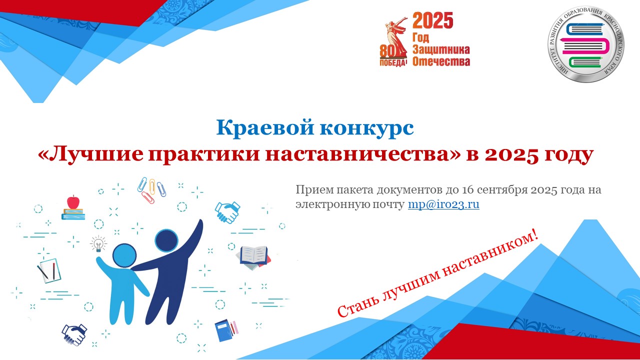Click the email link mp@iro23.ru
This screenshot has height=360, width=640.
click(443, 204)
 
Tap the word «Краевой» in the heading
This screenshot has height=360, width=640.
click(264, 127)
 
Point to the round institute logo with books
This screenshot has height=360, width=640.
click(585, 44)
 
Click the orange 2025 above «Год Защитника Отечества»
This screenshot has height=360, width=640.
click(433, 20)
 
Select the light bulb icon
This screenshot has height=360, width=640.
click(98, 244)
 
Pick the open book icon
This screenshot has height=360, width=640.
click(253, 257)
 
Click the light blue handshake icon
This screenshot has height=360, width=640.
click(227, 212)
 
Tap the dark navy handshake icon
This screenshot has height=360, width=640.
click(74, 334)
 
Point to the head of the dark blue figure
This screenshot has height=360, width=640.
click(166, 240)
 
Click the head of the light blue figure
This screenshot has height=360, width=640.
click(124, 255)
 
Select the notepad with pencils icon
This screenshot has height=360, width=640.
click(49, 270)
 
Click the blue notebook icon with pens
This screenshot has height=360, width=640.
click(226, 330)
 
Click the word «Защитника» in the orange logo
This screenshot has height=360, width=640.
click(441, 49)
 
